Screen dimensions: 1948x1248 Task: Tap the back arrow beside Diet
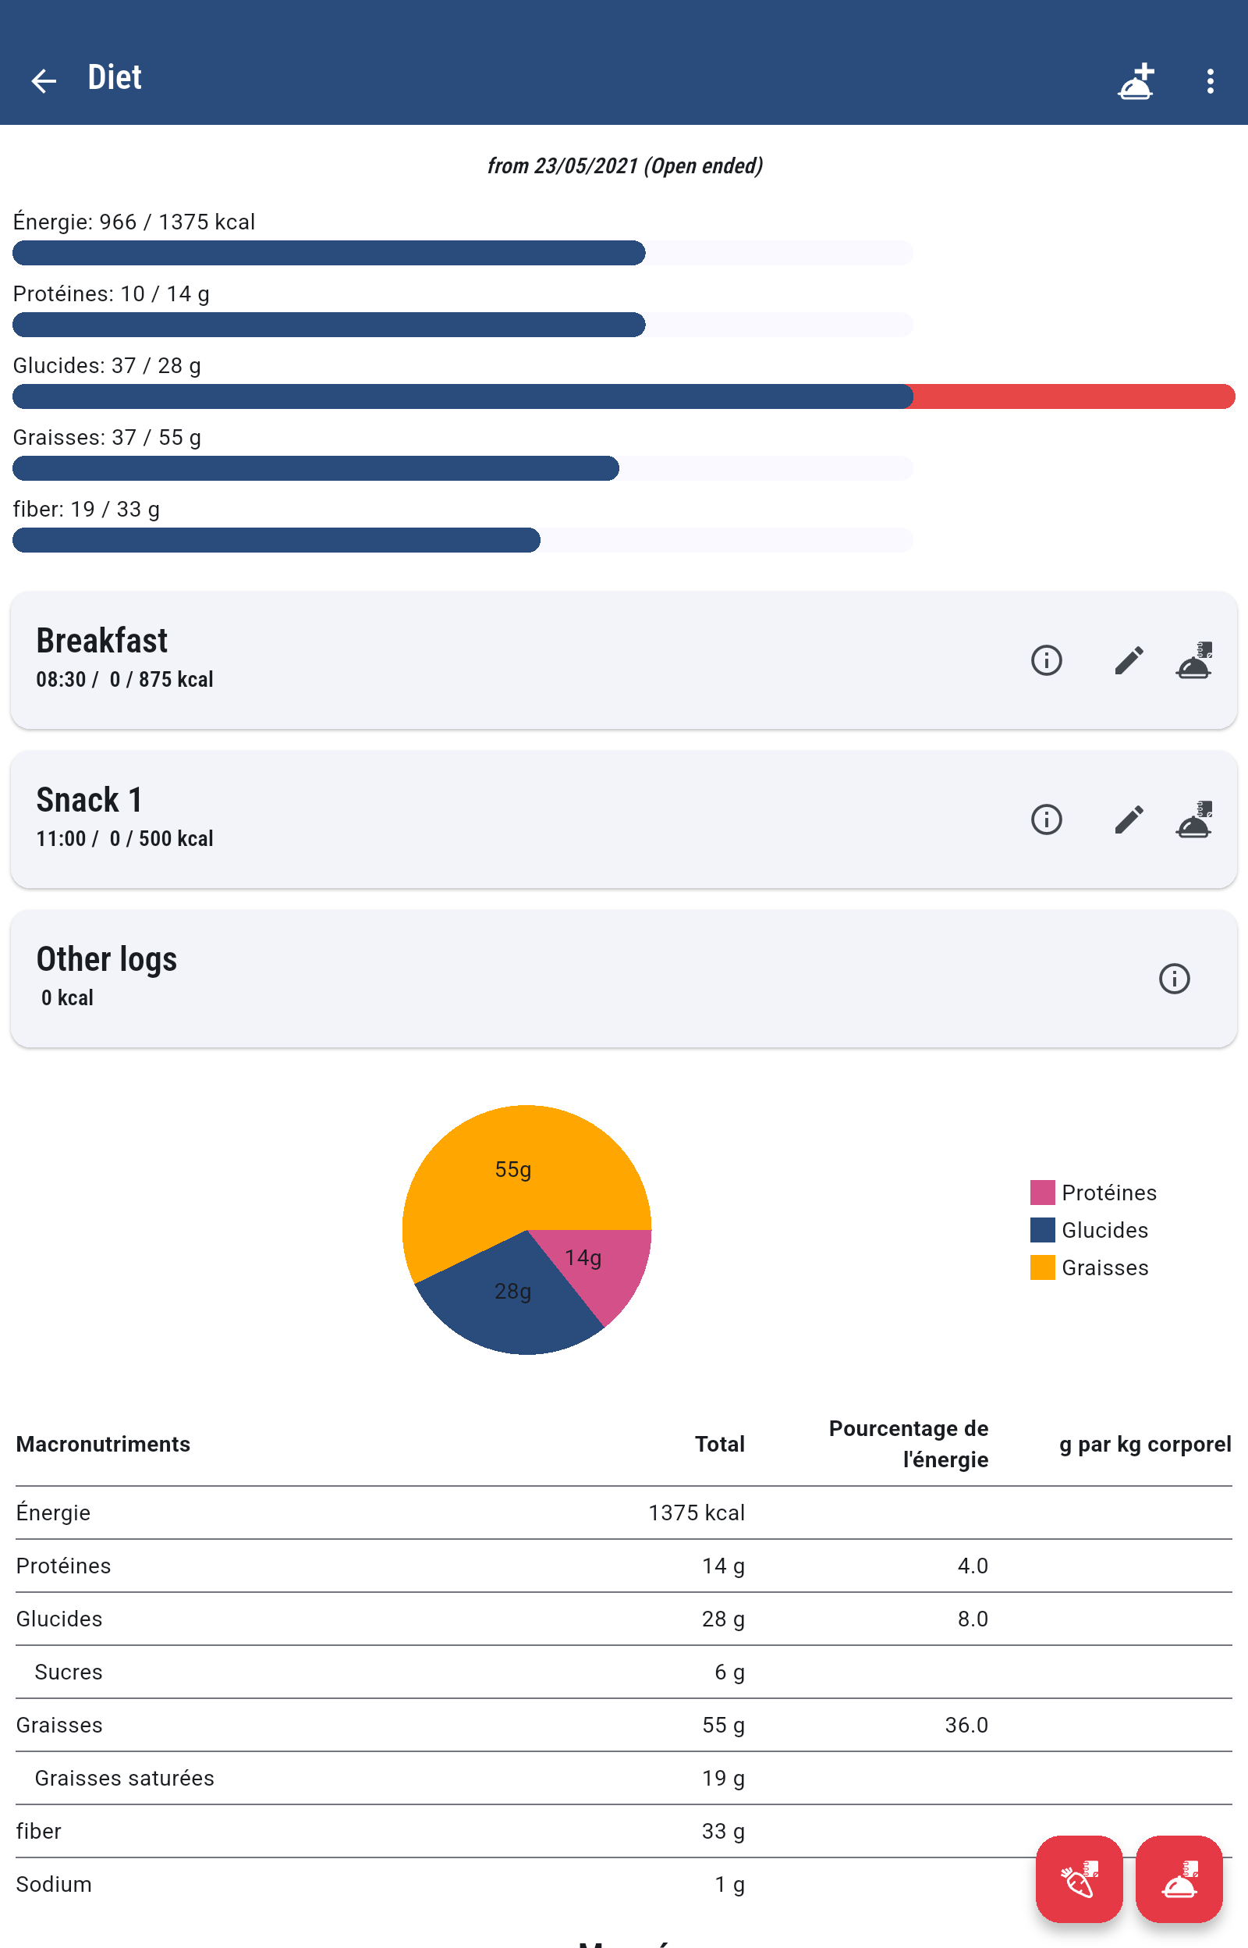pyautogui.click(x=44, y=80)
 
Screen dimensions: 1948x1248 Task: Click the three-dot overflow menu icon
pyautogui.click(x=1209, y=80)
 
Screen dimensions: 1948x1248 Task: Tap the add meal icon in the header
pyautogui.click(x=1136, y=80)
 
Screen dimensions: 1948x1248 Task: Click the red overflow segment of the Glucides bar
pyautogui.click(x=1072, y=396)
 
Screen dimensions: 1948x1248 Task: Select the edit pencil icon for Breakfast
pyautogui.click(x=1128, y=660)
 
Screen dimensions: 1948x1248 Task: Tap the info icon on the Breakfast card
pyautogui.click(x=1046, y=660)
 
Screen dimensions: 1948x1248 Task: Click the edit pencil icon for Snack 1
pyautogui.click(x=1128, y=819)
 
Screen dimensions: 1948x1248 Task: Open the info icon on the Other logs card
pyautogui.click(x=1173, y=979)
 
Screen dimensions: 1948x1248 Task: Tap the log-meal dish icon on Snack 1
pyautogui.click(x=1193, y=819)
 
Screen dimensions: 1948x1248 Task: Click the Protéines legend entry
pyautogui.click(x=1094, y=1193)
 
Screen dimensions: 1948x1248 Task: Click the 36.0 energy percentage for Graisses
pyautogui.click(x=966, y=1725)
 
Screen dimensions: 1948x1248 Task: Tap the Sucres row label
pyautogui.click(x=68, y=1672)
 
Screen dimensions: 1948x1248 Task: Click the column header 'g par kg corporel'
pyautogui.click(x=1144, y=1444)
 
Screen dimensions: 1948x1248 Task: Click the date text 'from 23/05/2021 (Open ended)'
pyautogui.click(x=624, y=166)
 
